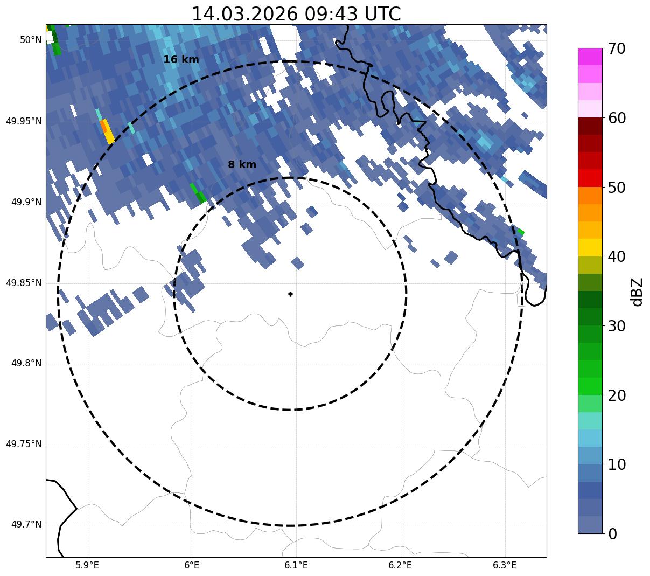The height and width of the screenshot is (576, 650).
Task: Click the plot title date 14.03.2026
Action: pos(244,14)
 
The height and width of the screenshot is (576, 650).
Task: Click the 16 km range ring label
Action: pos(181,60)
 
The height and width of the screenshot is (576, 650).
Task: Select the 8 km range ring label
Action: pos(242,165)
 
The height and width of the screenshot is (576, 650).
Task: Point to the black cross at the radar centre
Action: pos(290,294)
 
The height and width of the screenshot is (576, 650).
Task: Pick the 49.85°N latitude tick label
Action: pos(24,283)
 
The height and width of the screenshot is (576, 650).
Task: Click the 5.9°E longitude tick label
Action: pos(87,565)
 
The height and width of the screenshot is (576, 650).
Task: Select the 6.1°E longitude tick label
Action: pos(296,565)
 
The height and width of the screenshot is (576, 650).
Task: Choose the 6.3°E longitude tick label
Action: pos(505,565)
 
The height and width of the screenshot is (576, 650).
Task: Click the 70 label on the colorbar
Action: pos(617,49)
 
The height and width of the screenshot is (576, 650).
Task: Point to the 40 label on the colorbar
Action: pos(617,257)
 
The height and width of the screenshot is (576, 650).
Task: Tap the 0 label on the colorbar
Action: pos(612,534)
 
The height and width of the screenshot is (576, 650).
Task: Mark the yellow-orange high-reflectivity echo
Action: pos(107,131)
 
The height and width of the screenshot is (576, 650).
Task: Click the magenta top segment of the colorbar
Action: pos(590,57)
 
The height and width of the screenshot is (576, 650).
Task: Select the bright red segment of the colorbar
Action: pos(590,178)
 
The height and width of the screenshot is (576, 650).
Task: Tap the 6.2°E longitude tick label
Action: pos(400,565)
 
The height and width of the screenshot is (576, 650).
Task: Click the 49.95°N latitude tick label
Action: pos(24,121)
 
